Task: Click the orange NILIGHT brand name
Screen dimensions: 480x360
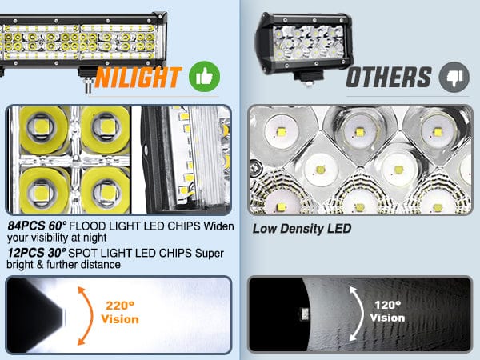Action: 138,78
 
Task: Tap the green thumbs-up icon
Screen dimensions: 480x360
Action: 204,77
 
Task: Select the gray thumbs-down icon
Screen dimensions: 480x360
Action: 454,77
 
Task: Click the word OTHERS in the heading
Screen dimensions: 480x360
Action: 389,78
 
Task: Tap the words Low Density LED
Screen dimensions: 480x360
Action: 302,229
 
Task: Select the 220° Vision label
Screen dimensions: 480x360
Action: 120,312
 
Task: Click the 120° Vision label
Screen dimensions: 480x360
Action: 387,311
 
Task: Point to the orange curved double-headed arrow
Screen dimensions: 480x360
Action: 90,315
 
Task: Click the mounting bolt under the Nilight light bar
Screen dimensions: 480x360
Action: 89,86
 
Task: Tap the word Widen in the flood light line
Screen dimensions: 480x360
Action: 218,226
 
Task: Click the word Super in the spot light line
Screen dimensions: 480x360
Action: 210,253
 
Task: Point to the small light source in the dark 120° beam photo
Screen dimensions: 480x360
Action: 304,314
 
